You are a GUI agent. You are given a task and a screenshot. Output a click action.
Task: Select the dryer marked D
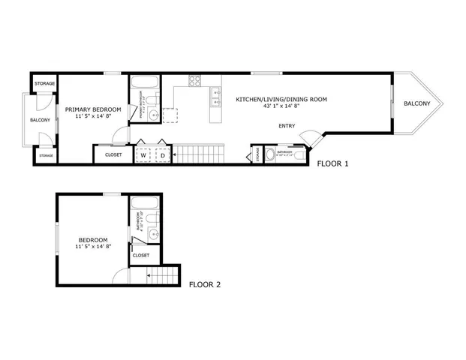coord(161,155)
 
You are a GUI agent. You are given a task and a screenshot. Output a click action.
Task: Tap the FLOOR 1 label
coord(332,163)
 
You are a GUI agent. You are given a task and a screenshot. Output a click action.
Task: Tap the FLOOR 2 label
coord(204,284)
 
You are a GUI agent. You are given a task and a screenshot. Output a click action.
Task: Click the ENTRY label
coord(287,126)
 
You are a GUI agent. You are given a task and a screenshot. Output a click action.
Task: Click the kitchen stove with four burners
coord(194,80)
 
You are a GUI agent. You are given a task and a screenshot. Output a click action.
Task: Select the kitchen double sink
coord(216,94)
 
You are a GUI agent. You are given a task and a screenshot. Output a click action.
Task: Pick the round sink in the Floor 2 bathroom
coord(154,235)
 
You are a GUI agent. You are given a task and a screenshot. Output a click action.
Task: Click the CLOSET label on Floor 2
coord(141,255)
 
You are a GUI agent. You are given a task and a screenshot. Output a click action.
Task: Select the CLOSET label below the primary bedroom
coord(113,154)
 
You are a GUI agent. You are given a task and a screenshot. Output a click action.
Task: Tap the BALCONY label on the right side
coord(416,103)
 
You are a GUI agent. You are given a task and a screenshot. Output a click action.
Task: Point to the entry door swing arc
coord(307,136)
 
